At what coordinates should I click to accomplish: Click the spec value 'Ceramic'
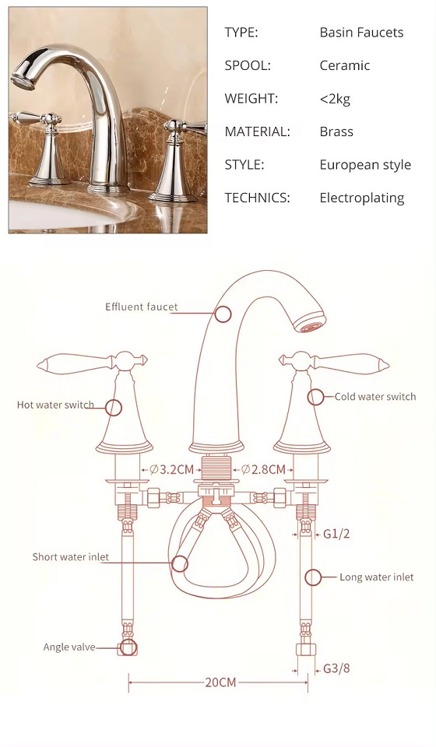coord(344,65)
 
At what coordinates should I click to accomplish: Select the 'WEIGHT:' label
coord(251,99)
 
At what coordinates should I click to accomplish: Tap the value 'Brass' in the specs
coord(336,132)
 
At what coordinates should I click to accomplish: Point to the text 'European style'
coord(365,165)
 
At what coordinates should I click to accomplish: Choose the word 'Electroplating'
coord(362,198)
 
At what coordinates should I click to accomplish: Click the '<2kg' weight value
coord(335,99)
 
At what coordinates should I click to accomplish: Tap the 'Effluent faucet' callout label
coord(142,307)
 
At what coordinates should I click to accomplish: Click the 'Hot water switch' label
coord(55,405)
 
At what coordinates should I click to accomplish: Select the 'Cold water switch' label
coord(375,396)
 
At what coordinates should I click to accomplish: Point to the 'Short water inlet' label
coord(71,557)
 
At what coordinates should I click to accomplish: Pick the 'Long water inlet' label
coord(376,577)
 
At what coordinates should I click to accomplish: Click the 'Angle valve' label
coord(69,647)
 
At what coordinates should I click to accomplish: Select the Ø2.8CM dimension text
coord(263,470)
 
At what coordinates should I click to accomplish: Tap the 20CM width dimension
coord(220,682)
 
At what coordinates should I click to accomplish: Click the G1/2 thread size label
coord(336,534)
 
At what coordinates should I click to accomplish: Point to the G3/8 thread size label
coord(336,668)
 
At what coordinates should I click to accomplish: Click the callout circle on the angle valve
coord(128,647)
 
